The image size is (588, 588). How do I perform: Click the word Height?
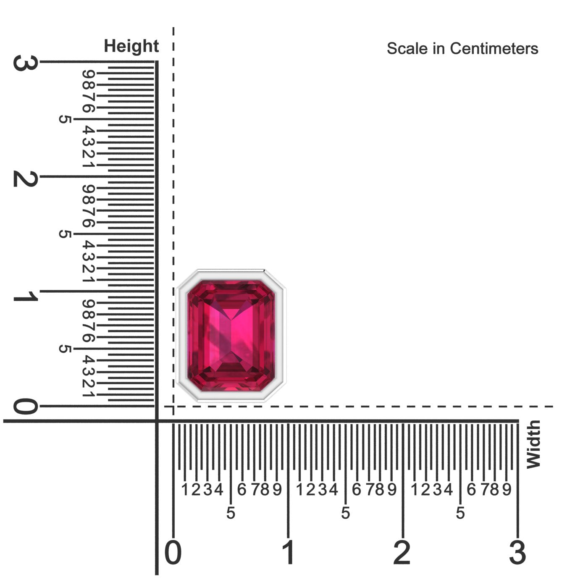click(131, 46)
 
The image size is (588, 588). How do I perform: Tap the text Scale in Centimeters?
click(462, 49)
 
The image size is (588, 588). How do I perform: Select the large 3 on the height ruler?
click(26, 63)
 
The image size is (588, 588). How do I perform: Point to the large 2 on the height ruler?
click(26, 178)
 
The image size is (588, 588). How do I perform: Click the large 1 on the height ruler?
click(26, 296)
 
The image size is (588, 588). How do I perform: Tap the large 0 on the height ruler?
click(26, 406)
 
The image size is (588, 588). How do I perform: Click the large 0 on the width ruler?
click(173, 552)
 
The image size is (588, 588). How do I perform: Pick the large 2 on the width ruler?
click(402, 552)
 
